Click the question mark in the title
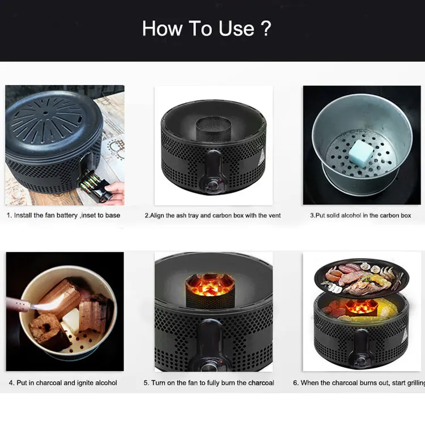pyautogui.click(x=267, y=28)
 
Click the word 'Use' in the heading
pyautogui.click(x=236, y=28)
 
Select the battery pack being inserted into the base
pyautogui.click(x=93, y=185)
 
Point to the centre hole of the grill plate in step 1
pyautogui.click(x=45, y=113)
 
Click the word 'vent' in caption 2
pyautogui.click(x=274, y=215)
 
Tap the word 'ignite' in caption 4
pyautogui.click(x=86, y=382)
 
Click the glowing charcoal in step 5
pyautogui.click(x=210, y=286)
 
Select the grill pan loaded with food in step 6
pyautogui.click(x=362, y=278)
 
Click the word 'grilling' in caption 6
pyautogui.click(x=416, y=382)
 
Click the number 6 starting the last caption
pyautogui.click(x=295, y=382)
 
